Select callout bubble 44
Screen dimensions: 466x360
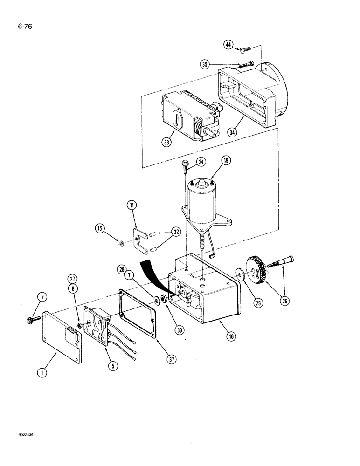pyautogui.click(x=229, y=44)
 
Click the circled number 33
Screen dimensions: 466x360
pyautogui.click(x=166, y=143)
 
